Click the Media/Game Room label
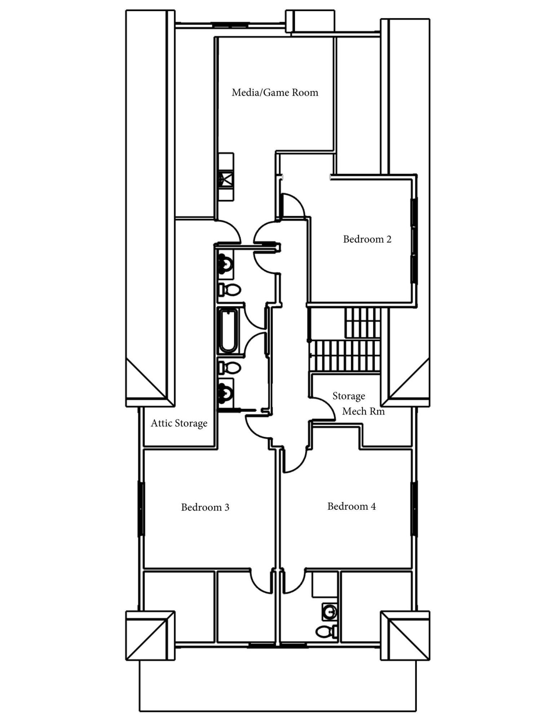(275, 93)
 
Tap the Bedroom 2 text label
(367, 239)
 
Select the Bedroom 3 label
(205, 507)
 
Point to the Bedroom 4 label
(351, 506)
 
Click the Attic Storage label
(179, 423)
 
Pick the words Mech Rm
(363, 411)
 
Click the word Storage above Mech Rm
(348, 396)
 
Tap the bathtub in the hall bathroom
(228, 330)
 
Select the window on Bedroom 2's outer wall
(414, 240)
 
